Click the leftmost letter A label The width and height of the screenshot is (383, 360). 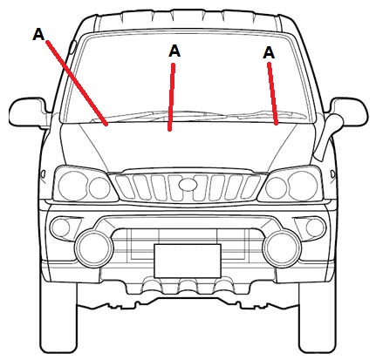[x=38, y=34]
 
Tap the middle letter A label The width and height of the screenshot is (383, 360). [x=174, y=51]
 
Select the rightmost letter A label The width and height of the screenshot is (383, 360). [x=269, y=53]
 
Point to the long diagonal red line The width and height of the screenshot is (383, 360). [x=77, y=83]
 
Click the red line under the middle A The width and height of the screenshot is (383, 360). [x=172, y=97]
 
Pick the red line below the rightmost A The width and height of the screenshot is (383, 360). [x=273, y=93]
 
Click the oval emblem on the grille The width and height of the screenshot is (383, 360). [x=188, y=185]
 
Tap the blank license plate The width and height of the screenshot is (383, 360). [x=188, y=261]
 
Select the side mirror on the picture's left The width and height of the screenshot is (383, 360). [x=29, y=112]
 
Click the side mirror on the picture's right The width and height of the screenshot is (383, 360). [x=348, y=112]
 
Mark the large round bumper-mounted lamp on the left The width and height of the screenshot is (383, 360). [x=93, y=248]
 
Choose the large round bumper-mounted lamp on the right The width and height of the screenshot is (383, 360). [x=282, y=248]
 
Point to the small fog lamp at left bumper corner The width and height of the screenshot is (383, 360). [x=60, y=228]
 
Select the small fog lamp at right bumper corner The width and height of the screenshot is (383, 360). [x=316, y=228]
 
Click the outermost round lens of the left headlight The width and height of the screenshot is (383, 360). [x=72, y=186]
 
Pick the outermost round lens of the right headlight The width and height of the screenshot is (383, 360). [x=303, y=186]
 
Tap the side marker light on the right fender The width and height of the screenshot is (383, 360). [x=332, y=174]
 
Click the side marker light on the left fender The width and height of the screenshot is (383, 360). [x=43, y=174]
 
